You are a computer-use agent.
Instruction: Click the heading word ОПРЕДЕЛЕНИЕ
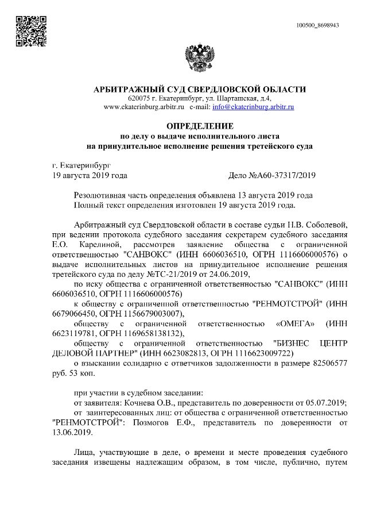pyautogui.click(x=200, y=125)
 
